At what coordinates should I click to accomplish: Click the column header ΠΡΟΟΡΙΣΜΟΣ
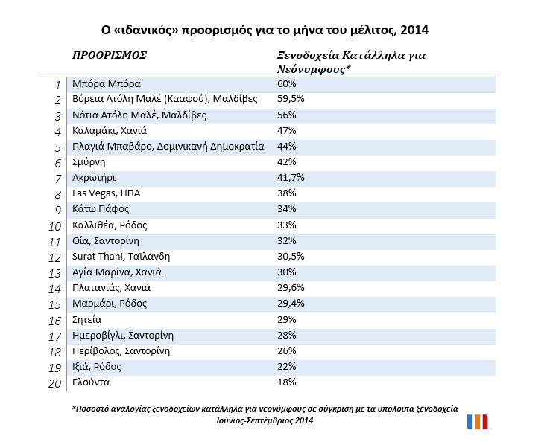point(110,55)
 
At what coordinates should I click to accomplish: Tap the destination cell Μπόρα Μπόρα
point(107,84)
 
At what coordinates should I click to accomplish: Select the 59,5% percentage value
point(291,99)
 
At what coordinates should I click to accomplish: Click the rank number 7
point(58,179)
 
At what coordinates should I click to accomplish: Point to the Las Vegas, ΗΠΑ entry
point(107,193)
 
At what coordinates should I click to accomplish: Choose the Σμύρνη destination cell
point(89,162)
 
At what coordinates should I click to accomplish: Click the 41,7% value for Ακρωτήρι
point(291,178)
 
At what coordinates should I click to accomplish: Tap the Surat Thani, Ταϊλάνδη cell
point(121,256)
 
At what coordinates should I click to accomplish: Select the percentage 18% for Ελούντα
point(287,382)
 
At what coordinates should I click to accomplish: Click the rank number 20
point(54,384)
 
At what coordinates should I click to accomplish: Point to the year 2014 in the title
point(414,30)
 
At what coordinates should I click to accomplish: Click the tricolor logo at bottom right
point(478,422)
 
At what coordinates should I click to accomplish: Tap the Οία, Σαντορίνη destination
point(106,241)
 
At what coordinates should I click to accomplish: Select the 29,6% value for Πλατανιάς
point(291,288)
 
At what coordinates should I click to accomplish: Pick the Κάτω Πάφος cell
point(101,209)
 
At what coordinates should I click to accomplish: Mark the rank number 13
point(54,273)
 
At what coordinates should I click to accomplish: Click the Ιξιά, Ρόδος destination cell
point(97,367)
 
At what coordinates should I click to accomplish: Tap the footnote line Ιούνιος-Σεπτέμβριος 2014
point(265,420)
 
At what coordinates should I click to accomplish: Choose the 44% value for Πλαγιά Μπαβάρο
point(287,146)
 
